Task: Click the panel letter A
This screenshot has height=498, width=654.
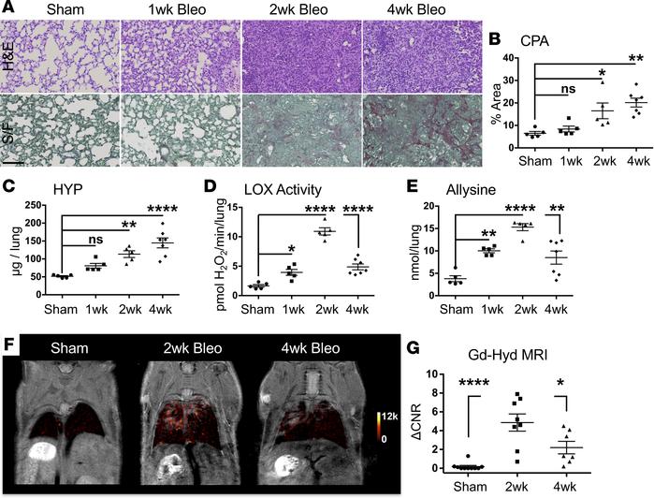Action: click(8, 9)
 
